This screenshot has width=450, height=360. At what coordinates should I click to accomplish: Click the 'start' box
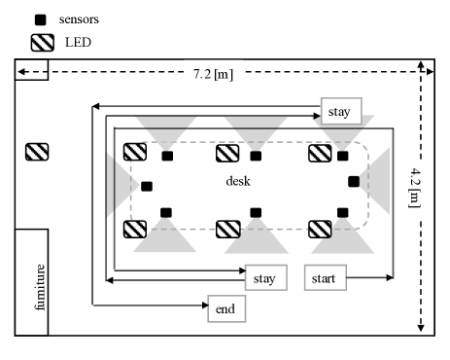point(326,277)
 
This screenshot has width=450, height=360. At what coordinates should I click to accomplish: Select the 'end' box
point(226,308)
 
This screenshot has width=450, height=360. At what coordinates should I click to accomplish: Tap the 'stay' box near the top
point(341,111)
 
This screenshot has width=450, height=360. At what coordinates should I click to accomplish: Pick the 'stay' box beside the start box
point(266,277)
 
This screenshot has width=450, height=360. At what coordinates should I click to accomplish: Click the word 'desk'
point(238,181)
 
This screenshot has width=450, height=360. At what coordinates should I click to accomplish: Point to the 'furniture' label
point(40,287)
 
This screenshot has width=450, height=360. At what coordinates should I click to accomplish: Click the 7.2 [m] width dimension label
point(213,74)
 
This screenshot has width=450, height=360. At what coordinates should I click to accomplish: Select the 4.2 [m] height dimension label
point(414,188)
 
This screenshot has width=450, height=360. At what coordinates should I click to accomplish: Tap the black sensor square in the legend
point(41,19)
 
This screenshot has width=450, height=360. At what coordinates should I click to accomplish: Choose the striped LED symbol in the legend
point(43,43)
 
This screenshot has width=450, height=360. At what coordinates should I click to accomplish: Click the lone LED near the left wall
point(37,152)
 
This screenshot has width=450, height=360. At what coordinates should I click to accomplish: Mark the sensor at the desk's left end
point(147,187)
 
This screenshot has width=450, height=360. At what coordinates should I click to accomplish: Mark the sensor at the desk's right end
point(354,182)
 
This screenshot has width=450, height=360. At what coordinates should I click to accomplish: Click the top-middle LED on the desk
point(227,153)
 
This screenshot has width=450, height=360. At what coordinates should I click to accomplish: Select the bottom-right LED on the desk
point(320,230)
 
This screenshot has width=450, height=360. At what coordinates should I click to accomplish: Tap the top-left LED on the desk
point(135,152)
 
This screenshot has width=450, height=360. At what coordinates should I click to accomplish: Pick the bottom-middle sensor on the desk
point(256,213)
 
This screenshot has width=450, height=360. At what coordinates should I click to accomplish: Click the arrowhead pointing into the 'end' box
point(205,305)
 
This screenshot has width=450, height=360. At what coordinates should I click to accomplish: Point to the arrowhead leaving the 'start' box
point(390,277)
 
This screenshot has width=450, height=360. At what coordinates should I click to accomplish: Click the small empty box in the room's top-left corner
point(31,69)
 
